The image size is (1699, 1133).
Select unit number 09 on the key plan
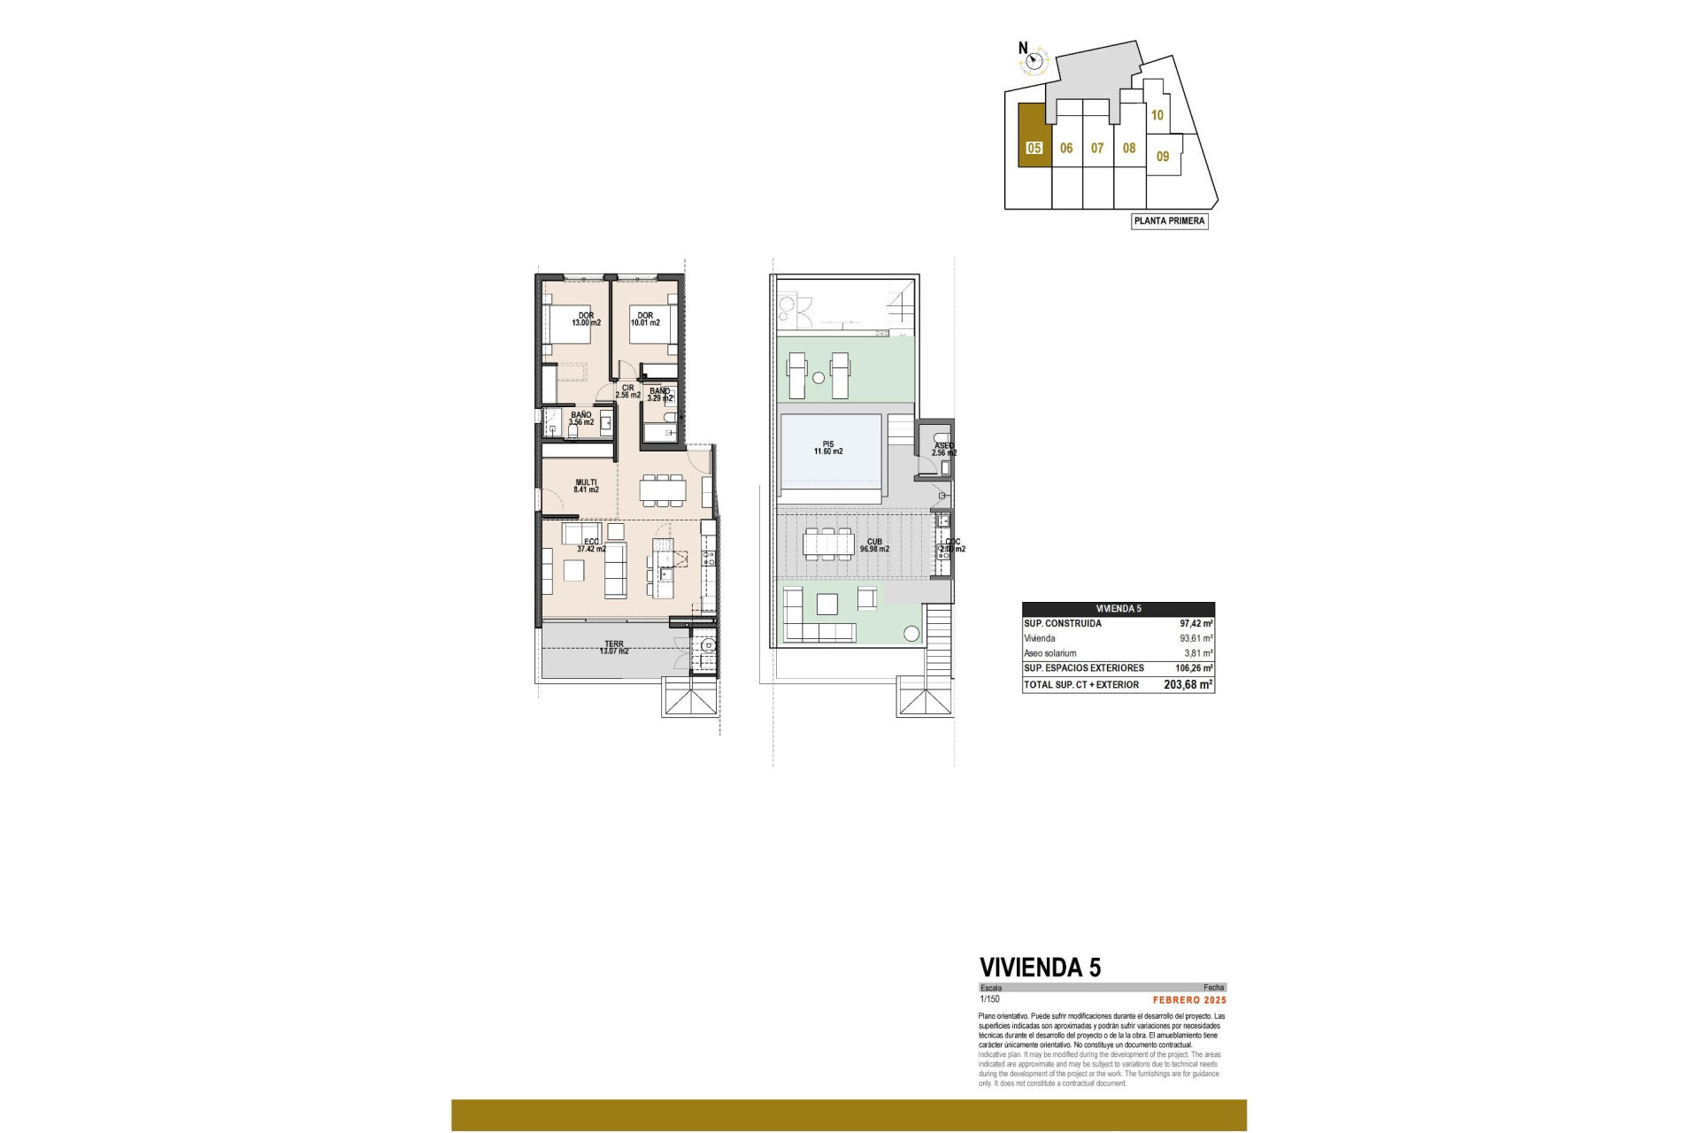1163,157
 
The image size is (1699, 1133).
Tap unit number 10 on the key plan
1157,115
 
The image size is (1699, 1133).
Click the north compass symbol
1034,61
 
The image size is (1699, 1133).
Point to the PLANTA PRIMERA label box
1170,221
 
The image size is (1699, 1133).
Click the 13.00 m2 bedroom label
585,320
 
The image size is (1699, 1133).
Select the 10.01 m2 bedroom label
645,320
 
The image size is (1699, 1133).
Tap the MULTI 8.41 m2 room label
586,486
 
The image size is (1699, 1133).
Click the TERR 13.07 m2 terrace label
613,648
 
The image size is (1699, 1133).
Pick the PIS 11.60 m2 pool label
828,448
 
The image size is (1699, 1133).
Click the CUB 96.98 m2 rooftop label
874,545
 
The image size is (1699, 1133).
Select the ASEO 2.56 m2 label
943,450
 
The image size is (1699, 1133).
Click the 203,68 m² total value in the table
1188,685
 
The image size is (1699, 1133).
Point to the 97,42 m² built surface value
1195,624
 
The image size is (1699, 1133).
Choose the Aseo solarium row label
1050,653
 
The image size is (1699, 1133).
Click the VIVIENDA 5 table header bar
1119,609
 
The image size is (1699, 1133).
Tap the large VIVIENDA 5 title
1040,967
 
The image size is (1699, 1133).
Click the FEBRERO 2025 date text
1189,1000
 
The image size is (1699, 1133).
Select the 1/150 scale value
989,999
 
